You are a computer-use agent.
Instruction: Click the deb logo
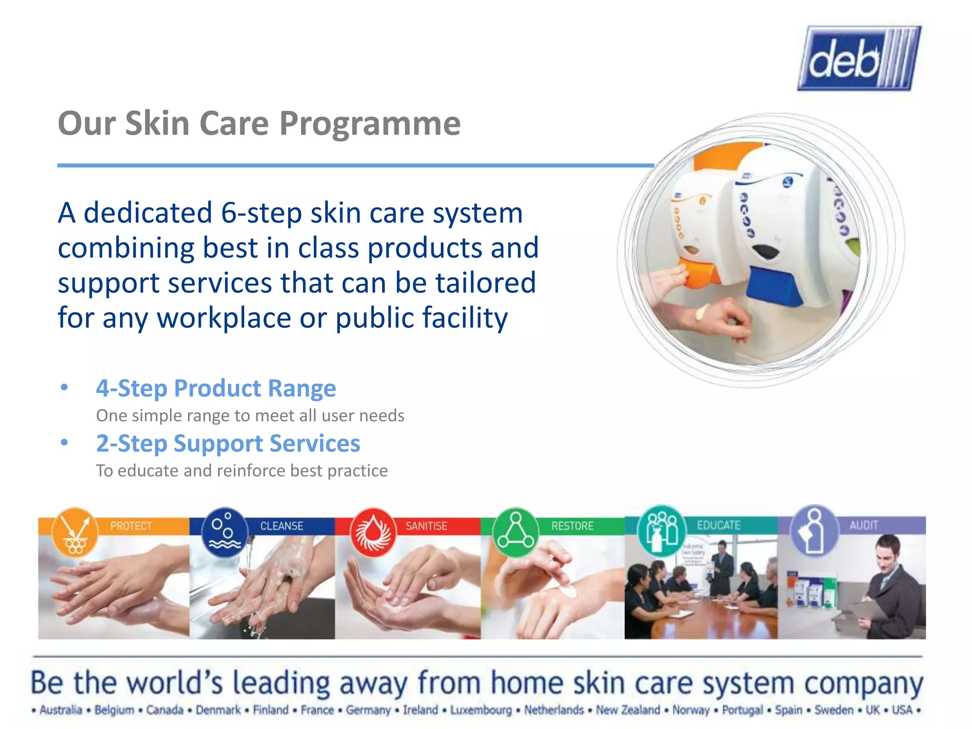point(859,58)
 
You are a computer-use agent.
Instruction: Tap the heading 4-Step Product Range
point(216,388)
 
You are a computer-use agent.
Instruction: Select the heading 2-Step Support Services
point(228,443)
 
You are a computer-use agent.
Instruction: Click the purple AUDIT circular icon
point(813,530)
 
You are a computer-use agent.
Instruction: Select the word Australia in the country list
point(61,710)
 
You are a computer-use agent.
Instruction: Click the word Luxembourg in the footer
point(481,710)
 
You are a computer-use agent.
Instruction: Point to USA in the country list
point(902,710)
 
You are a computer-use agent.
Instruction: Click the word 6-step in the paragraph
point(261,213)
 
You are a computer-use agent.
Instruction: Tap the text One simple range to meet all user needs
point(250,416)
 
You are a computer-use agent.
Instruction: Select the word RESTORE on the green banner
point(572,526)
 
